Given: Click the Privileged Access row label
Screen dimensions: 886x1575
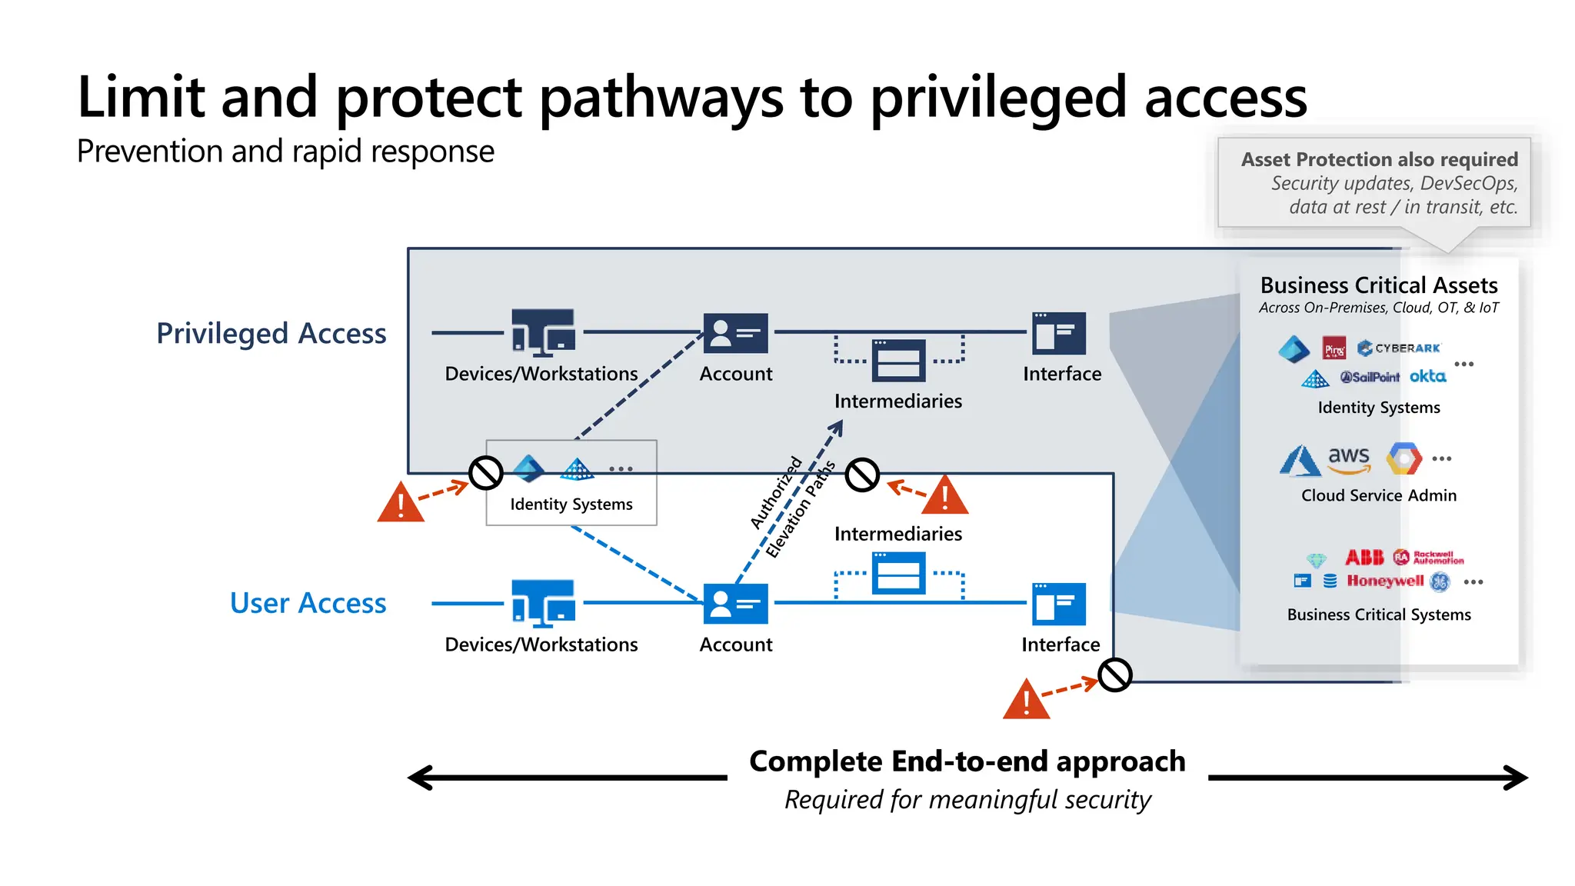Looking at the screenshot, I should [x=271, y=334].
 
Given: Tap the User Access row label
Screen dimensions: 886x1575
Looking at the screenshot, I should [x=308, y=604].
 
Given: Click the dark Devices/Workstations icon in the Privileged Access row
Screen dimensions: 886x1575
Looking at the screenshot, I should [x=543, y=333].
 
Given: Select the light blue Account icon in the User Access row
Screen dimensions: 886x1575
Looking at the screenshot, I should [x=735, y=604].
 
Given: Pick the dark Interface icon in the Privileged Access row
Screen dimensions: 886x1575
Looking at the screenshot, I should [x=1059, y=333].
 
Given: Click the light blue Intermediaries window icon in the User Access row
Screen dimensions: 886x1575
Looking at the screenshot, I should [x=898, y=574].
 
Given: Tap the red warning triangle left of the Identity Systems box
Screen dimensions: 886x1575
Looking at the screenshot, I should [x=401, y=504].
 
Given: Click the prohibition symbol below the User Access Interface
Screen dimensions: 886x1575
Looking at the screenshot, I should [x=1114, y=675].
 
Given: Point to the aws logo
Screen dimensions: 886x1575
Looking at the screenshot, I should [x=1348, y=458].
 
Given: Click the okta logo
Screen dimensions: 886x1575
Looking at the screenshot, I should [x=1427, y=376].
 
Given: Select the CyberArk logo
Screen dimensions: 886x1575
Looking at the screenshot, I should [x=1399, y=348].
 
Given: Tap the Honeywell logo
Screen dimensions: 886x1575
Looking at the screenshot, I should [x=1384, y=581].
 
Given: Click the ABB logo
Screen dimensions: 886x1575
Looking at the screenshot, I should [x=1364, y=558].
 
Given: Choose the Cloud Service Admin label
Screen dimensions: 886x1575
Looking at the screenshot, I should [x=1378, y=495].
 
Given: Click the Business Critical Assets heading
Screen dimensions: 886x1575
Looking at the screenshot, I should [x=1378, y=285].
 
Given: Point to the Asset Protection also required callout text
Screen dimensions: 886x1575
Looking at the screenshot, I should [x=1379, y=159].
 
